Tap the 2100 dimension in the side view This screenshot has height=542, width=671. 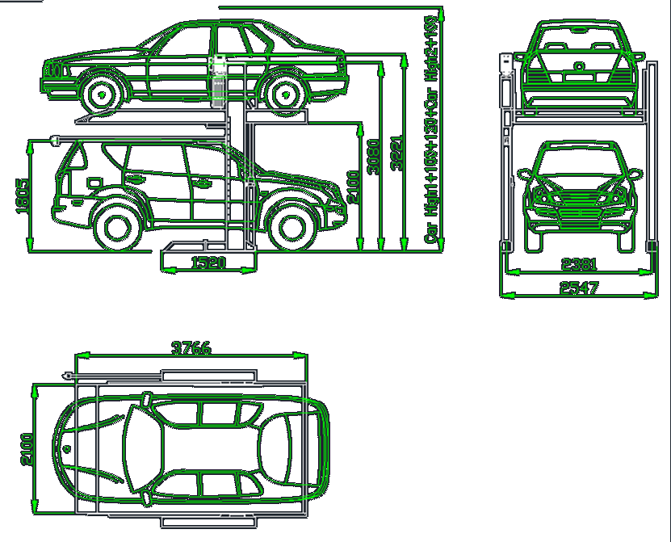click(353, 188)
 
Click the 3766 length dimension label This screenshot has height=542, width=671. click(191, 348)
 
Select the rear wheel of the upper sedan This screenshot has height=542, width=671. click(283, 93)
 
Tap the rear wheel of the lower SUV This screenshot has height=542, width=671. click(118, 226)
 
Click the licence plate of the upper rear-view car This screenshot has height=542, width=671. click(578, 78)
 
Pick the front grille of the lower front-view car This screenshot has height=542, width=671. click(577, 198)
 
